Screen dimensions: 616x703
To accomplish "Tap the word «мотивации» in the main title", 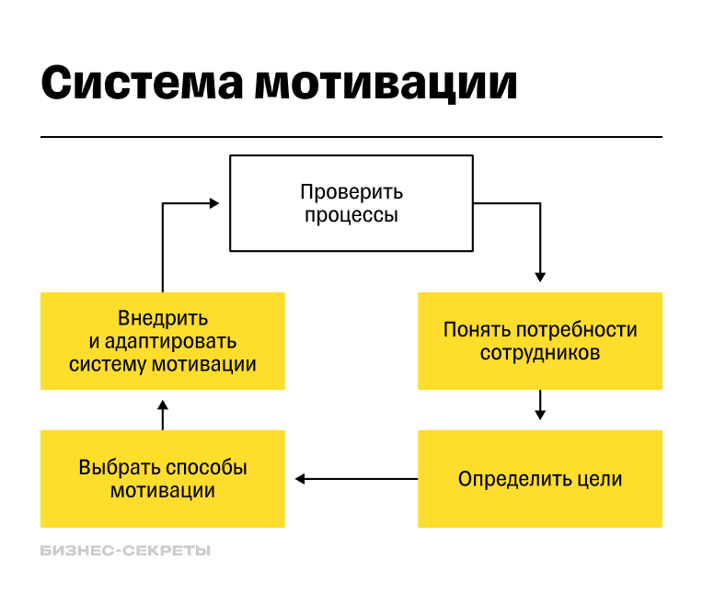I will (386, 83).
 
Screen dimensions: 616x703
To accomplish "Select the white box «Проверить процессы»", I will (351, 204).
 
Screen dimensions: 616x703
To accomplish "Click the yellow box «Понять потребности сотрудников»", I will (539, 341).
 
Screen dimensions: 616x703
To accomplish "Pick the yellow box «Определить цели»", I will (539, 479).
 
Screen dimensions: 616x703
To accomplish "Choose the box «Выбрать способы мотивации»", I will (163, 479).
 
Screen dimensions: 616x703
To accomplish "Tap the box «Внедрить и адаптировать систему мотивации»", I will (163, 341).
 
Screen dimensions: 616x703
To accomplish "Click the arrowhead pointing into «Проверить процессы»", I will (213, 203).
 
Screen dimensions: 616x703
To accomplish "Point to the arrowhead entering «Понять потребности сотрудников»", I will (540, 275).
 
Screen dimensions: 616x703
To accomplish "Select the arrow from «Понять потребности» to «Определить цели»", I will (540, 405).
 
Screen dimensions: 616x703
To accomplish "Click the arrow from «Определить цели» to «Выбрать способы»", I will (355, 478).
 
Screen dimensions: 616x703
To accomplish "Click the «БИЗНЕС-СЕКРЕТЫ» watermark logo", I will (125, 551).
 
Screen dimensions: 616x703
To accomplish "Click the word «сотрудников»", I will (540, 353).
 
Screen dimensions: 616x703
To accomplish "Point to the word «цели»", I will (600, 479).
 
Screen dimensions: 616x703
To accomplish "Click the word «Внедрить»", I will (163, 318).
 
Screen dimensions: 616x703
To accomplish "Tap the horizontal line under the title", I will (351, 137).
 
